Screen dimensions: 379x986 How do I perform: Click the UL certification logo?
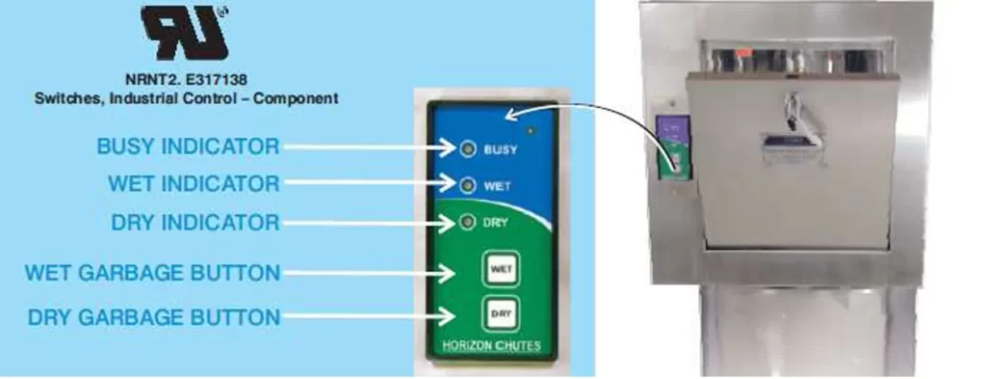point(186,32)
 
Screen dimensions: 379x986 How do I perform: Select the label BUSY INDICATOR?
point(188,147)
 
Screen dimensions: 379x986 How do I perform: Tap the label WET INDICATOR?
point(194,183)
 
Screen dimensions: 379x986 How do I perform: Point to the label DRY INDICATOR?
point(195,223)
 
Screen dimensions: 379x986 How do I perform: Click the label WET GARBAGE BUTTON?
point(152,272)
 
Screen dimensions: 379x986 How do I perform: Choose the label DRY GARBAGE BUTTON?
point(153,317)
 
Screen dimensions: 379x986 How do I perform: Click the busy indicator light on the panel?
point(467,149)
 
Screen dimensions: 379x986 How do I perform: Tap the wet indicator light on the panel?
point(467,184)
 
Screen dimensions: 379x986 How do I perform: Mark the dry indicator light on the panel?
point(467,224)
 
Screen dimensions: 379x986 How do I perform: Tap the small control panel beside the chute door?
point(673,147)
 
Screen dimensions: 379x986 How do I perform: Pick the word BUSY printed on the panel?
point(500,149)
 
